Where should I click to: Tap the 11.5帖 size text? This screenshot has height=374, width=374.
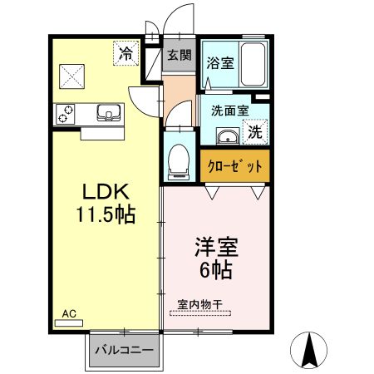[103, 215]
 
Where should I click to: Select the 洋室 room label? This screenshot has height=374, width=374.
[216, 247]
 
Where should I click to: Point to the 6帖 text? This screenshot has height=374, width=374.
[216, 269]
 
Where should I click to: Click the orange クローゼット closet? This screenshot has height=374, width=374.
[235, 163]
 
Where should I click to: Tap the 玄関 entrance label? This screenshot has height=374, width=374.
[179, 57]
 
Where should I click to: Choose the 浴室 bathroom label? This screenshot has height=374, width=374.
[220, 62]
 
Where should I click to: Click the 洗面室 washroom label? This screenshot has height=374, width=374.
[224, 110]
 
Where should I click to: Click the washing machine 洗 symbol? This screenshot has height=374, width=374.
[256, 131]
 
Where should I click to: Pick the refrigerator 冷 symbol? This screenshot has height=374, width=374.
[125, 54]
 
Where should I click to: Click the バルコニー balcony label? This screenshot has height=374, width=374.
[123, 351]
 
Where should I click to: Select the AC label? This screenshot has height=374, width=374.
[69, 313]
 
